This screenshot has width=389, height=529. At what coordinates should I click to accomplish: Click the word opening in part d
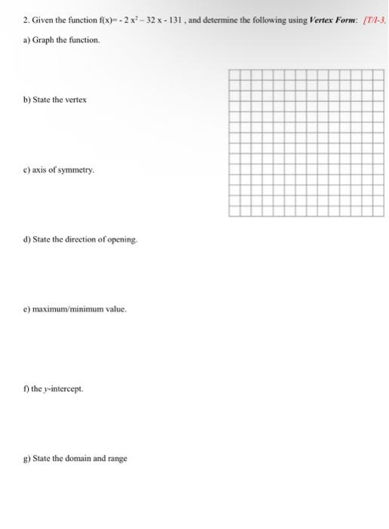pyautogui.click(x=123, y=240)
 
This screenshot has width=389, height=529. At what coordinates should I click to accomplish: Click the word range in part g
pyautogui.click(x=116, y=459)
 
